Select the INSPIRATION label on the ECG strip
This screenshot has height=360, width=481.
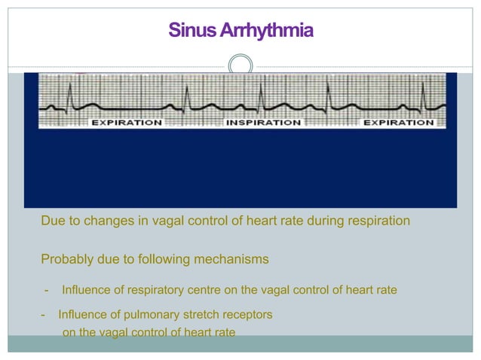[264, 122]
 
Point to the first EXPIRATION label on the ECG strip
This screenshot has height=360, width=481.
[127, 122]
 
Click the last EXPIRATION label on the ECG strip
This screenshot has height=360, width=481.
[399, 122]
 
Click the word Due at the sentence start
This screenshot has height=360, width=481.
[54, 221]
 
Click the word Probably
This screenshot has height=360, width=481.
[68, 260]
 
